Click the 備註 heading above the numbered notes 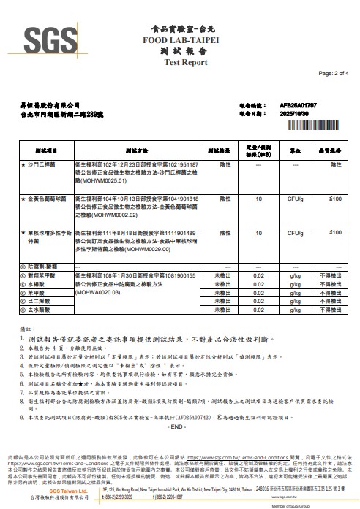point(26,329)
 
